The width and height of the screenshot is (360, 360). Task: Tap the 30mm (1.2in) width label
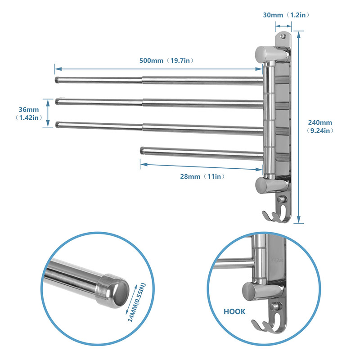coord(286,15)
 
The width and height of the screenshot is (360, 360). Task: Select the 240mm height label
coord(320,122)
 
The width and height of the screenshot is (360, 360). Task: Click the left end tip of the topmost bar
coord(57,81)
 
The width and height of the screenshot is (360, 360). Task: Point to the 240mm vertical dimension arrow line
coord(299,126)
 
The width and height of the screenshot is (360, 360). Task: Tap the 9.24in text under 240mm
coord(320,131)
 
